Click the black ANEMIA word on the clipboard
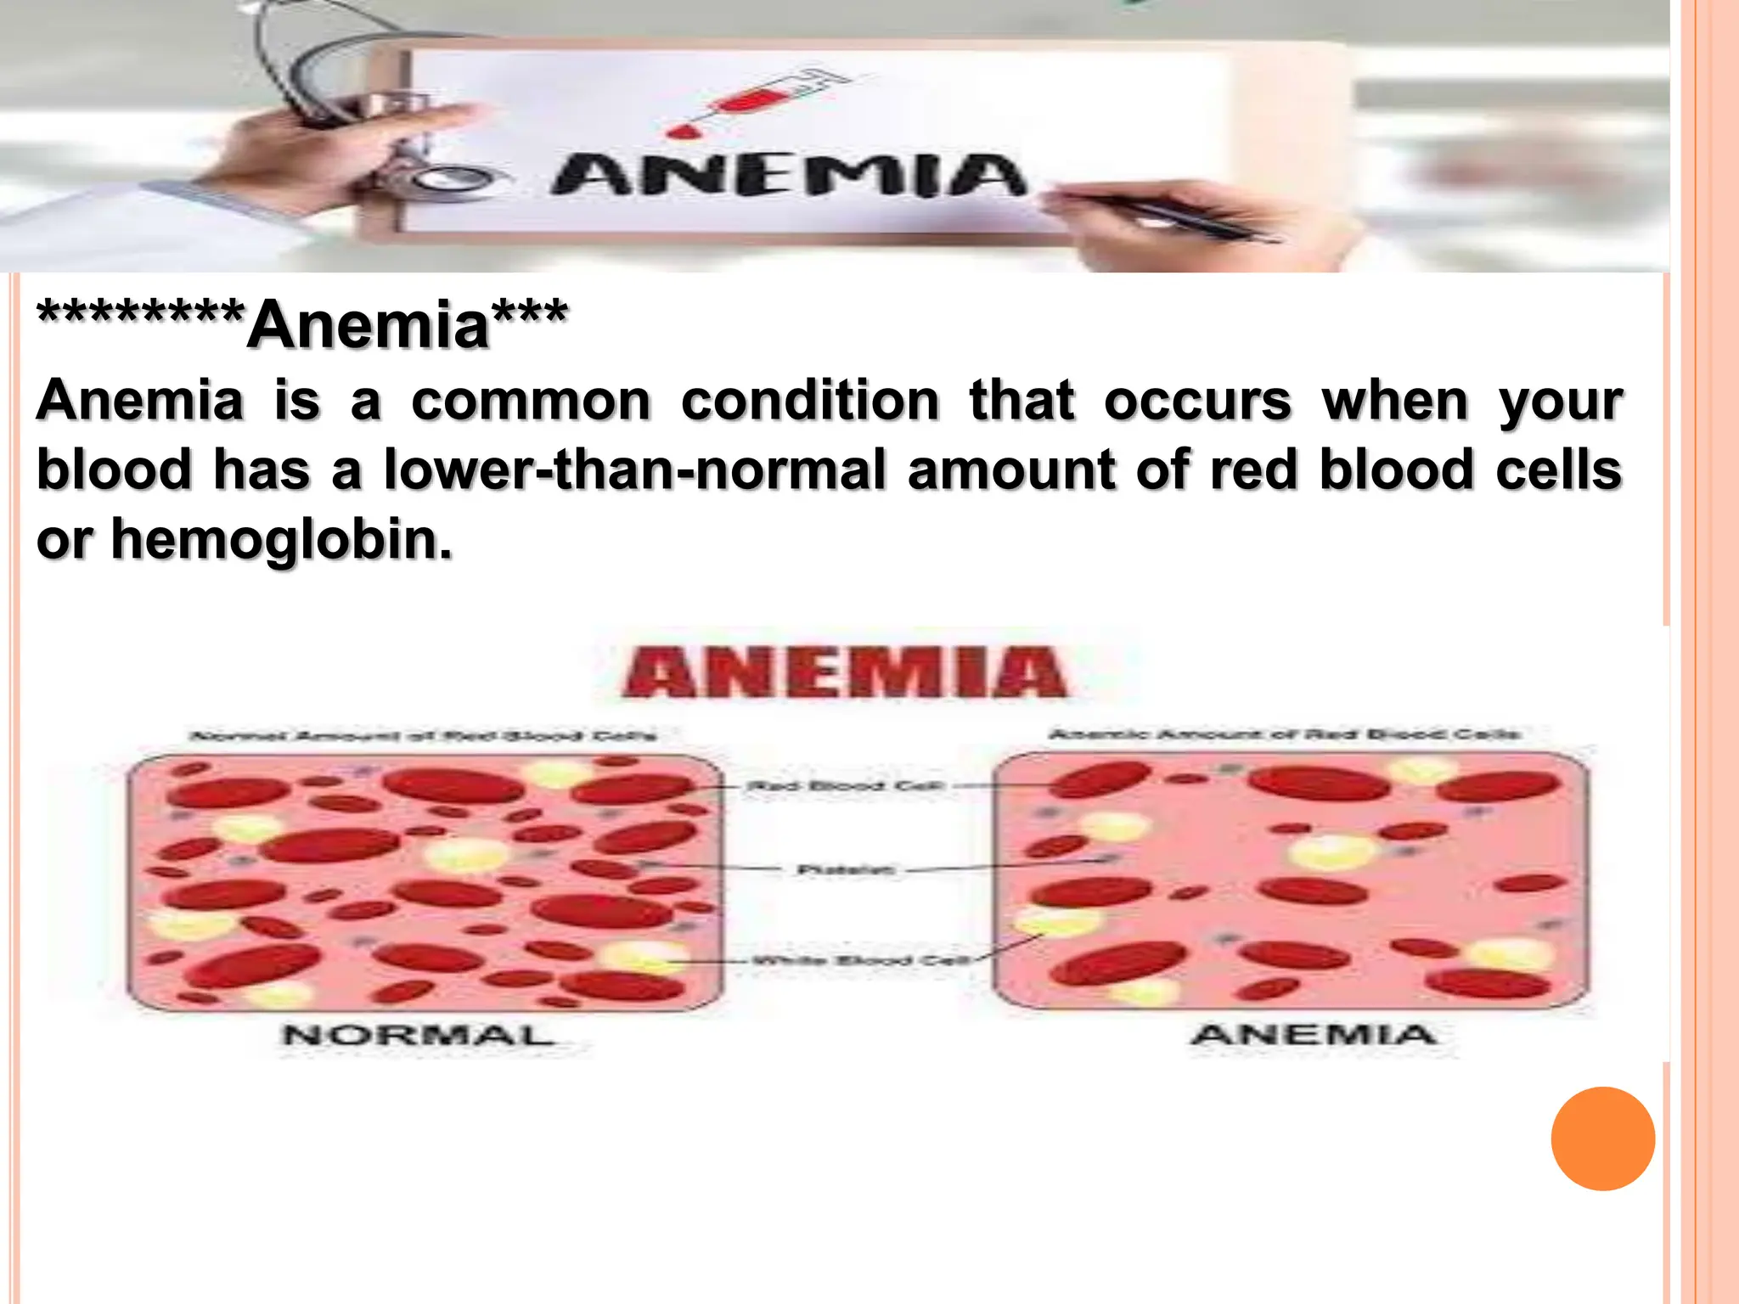(788, 176)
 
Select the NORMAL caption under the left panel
(418, 1035)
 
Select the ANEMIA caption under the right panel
(1314, 1034)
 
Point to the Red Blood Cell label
(844, 786)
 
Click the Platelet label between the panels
(846, 869)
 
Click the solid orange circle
(1602, 1138)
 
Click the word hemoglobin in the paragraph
(282, 540)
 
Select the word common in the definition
(531, 401)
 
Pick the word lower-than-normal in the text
(635, 470)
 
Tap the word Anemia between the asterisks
(369, 325)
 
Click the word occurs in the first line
(1197, 401)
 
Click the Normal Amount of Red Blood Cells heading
(423, 735)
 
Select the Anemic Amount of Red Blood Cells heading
(1284, 733)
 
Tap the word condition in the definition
(810, 401)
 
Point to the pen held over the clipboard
(1172, 216)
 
